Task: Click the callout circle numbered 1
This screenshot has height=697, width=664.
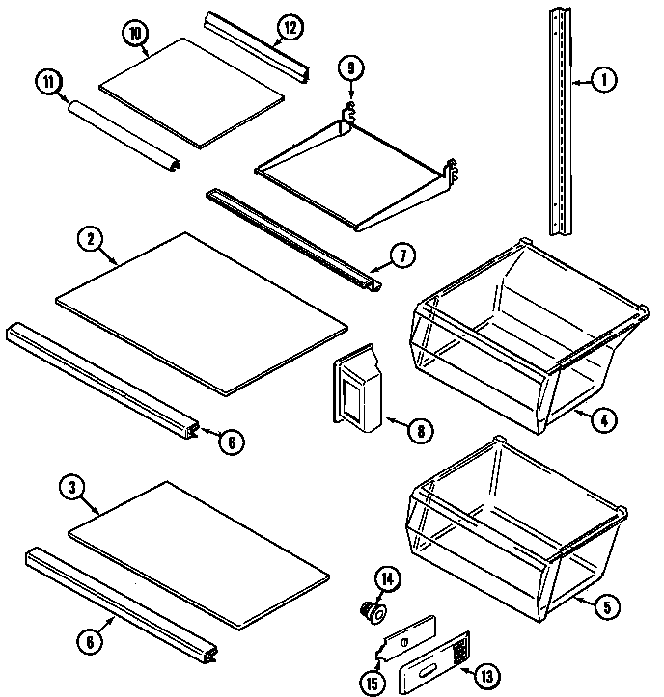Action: pyautogui.click(x=601, y=82)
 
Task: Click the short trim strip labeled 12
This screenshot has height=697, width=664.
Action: pyautogui.click(x=256, y=47)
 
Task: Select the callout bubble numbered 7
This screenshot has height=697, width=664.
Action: pyautogui.click(x=402, y=256)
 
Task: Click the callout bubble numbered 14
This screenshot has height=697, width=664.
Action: pyautogui.click(x=388, y=579)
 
